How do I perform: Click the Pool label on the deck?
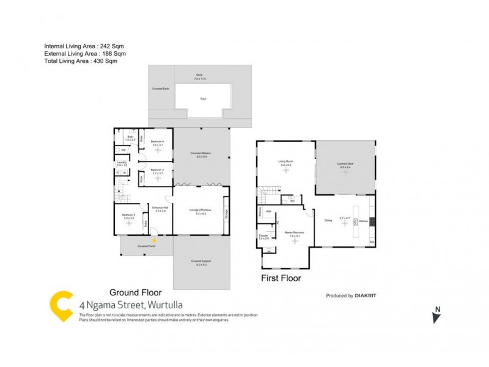coord(203,98)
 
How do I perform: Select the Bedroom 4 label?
coord(158,141)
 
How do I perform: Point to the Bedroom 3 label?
coord(158,170)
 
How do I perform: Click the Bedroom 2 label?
coord(128,215)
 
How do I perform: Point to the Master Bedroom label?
coord(295,232)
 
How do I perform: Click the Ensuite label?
coord(263,235)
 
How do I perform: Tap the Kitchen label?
coord(362,220)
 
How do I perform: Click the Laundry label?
coord(122,162)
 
